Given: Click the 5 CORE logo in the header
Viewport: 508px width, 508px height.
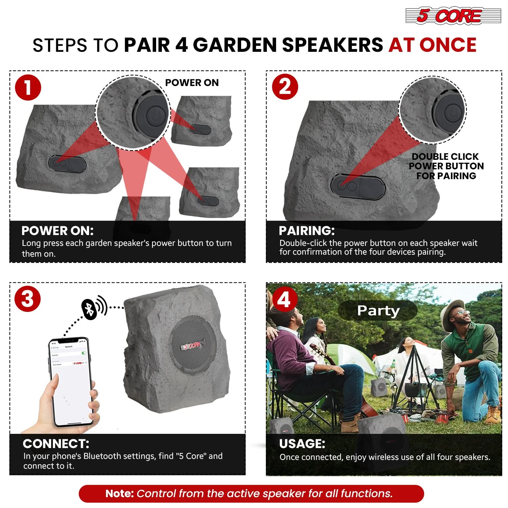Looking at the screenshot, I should click(x=453, y=16).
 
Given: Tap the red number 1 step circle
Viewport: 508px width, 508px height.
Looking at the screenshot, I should click(x=28, y=88).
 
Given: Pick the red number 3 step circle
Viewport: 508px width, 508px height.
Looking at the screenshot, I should click(x=28, y=299).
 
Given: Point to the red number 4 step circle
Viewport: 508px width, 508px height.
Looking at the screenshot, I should click(x=284, y=299).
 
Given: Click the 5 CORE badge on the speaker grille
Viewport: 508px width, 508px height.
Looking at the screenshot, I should click(x=192, y=345).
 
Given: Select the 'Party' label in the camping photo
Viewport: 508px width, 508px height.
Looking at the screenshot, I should click(x=378, y=310).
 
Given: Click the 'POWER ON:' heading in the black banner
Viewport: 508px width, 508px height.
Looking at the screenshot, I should click(x=57, y=231).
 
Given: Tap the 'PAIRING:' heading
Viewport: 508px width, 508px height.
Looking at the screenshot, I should click(x=306, y=231).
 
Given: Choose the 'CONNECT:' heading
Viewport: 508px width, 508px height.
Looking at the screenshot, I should click(x=56, y=444).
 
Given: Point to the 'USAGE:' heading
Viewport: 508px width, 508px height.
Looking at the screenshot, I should click(x=302, y=444).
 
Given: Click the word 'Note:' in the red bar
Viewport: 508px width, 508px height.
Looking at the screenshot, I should click(x=120, y=493).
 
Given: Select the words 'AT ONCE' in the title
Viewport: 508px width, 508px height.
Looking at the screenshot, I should click(x=432, y=45).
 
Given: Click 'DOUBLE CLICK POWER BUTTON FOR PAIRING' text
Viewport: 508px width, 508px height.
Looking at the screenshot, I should click(x=446, y=166).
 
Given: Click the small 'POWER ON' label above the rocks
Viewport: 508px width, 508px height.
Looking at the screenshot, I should click(x=192, y=83).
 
